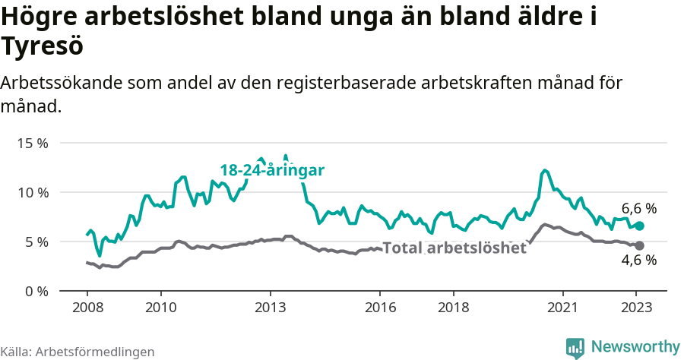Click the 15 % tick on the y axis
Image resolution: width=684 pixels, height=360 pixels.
coord(32,143)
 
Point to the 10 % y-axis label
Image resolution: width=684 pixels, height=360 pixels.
coord(32,192)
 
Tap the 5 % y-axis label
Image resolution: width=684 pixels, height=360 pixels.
coord(36,242)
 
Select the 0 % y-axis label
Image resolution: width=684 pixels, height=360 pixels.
coord(36,291)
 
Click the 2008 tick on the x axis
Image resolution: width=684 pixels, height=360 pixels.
coord(87,308)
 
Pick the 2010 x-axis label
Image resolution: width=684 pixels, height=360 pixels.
coord(160,308)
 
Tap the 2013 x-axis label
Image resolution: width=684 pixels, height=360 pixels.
coord(270,308)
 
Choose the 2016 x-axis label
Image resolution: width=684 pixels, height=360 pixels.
coord(380,308)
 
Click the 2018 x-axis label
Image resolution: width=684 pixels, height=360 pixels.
coord(454,308)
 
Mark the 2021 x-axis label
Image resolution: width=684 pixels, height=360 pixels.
coord(563,308)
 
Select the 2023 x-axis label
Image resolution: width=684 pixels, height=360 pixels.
coord(637,308)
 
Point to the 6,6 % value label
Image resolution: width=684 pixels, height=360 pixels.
coord(639,208)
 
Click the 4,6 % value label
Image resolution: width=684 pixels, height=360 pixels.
coord(639,261)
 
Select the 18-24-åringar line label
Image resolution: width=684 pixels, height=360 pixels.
coord(272,170)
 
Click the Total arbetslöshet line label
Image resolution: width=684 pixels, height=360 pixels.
coord(454,248)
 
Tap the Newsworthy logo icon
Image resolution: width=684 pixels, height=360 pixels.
coord(575,347)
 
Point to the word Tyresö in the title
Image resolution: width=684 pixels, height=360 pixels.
coord(42,46)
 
